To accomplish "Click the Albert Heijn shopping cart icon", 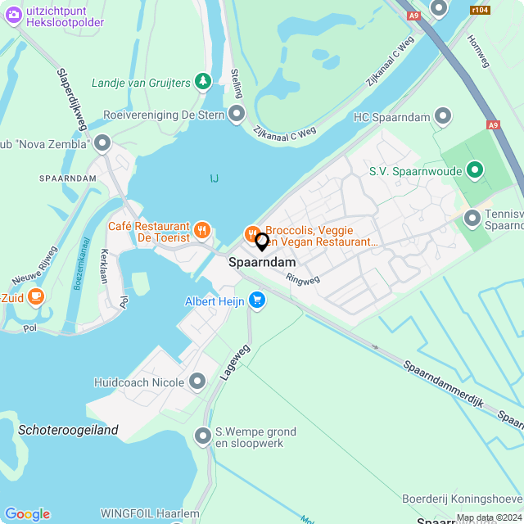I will [258, 300].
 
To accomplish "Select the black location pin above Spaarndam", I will [262, 242].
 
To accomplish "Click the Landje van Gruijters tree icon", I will [203, 81].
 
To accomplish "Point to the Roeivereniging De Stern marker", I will [237, 115].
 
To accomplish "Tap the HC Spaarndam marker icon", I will [443, 117].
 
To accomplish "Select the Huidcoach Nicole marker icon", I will [197, 381].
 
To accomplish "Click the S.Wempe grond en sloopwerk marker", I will [202, 436].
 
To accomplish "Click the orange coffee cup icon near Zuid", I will [35, 296].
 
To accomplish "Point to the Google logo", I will [27, 513].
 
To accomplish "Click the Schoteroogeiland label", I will [68, 430].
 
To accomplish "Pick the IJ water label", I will [214, 178].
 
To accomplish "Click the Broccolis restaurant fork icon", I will [252, 233].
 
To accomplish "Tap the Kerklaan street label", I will [104, 265].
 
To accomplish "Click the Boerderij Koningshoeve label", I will [462, 499].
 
